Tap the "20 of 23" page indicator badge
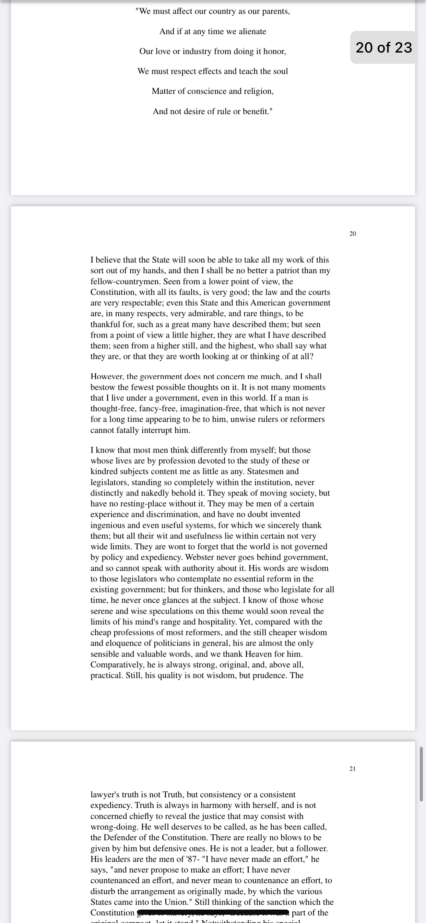coord(384,47)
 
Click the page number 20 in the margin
coord(353,233)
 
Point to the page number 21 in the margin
coord(353,768)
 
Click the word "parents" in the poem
coord(275,11)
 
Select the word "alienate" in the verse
coord(252,32)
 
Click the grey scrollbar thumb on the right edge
coord(421,774)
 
